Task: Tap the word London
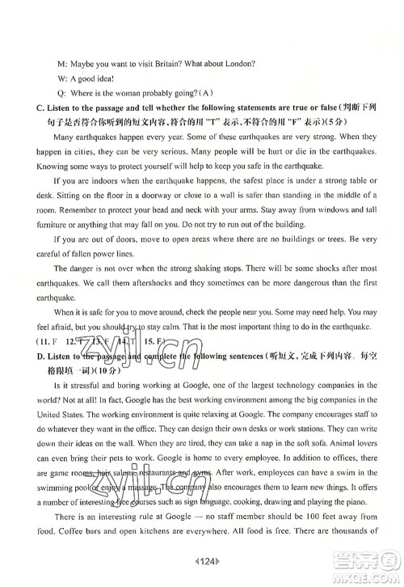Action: click(x=237, y=64)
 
